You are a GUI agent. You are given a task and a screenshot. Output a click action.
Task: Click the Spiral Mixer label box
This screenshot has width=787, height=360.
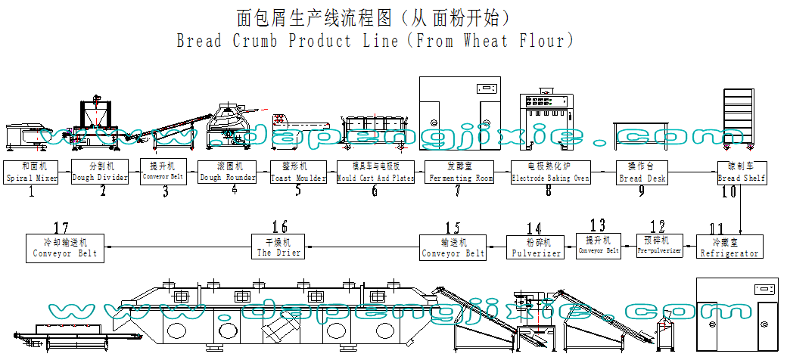coord(31,172)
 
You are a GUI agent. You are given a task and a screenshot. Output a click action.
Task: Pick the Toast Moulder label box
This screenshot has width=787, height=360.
coord(298,172)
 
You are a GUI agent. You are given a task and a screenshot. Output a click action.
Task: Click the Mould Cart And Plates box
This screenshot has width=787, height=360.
coord(375,172)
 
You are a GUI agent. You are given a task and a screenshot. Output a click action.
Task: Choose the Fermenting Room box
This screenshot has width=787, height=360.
coord(459,172)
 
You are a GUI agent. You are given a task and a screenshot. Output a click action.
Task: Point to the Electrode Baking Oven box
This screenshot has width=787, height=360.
coord(549,172)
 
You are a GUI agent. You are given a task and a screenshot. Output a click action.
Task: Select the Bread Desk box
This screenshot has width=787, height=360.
coord(641,172)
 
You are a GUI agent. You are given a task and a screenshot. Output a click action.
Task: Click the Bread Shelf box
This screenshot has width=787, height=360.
coord(742,172)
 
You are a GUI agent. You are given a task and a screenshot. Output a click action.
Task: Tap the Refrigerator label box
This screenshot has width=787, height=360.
coord(729,247)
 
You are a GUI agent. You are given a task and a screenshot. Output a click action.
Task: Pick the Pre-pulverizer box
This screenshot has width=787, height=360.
coord(658,247)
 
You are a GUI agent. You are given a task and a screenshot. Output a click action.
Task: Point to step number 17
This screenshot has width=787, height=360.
coord(62,227)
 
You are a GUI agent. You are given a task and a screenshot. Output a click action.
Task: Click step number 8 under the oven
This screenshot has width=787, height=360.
coord(549,191)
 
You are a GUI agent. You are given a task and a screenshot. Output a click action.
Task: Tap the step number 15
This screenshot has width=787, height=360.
coord(453,227)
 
